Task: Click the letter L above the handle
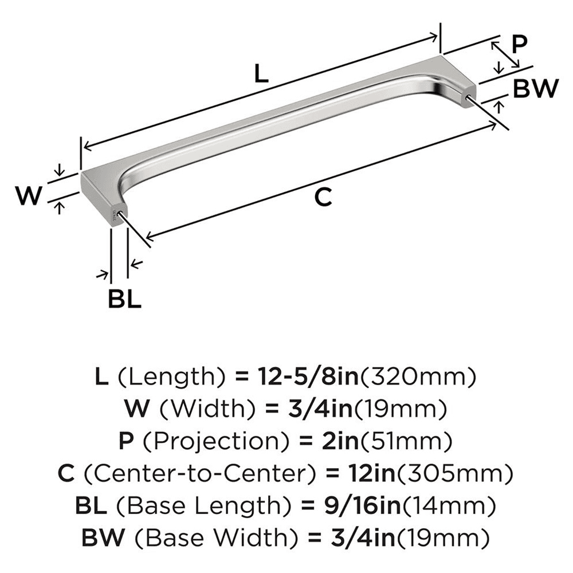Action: pyautogui.click(x=261, y=74)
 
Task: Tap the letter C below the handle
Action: pyautogui.click(x=324, y=197)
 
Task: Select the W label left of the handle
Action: pyautogui.click(x=29, y=197)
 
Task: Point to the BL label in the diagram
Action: pyautogui.click(x=124, y=300)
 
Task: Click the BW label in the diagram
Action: pyautogui.click(x=535, y=89)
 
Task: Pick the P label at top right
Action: pyautogui.click(x=519, y=44)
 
